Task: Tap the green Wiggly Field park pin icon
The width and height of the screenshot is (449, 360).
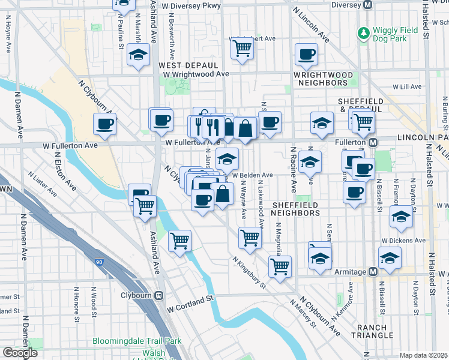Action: pos(363,31)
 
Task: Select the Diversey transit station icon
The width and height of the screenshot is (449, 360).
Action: pos(369,5)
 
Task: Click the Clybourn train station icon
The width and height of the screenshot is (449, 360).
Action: pos(159,295)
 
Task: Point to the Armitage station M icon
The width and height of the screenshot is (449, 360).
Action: pos(373,272)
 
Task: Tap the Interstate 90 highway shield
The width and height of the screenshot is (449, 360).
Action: pos(98,262)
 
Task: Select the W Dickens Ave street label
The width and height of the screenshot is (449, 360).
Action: pos(404,241)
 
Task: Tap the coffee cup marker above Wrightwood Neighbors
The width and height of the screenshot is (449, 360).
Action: pos(306,55)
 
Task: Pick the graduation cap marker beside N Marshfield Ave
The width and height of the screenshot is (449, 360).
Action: pos(139,55)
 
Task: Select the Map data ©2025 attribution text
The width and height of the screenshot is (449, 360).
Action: pos(424,355)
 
